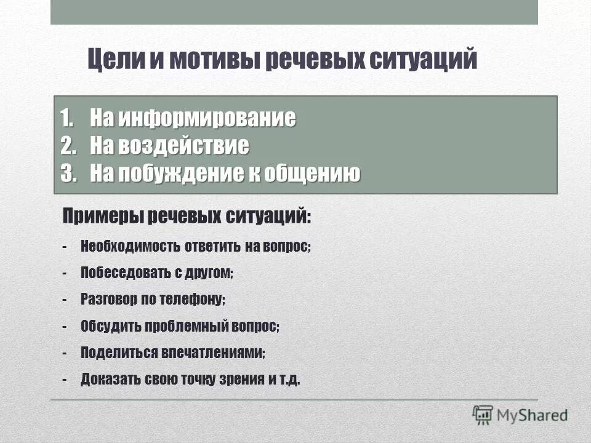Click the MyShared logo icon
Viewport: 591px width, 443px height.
(x=483, y=415)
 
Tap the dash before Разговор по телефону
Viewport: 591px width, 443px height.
(x=65, y=300)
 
